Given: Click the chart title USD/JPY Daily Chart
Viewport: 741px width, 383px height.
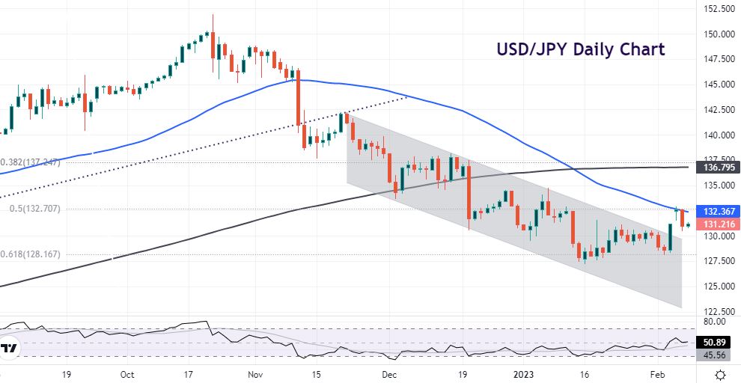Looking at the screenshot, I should click(581, 50).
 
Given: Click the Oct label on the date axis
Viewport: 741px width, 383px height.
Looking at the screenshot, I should click(126, 374).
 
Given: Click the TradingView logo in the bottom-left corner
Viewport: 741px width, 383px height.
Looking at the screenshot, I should click(10, 349).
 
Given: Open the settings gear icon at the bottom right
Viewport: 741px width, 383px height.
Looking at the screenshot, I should click(720, 374).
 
